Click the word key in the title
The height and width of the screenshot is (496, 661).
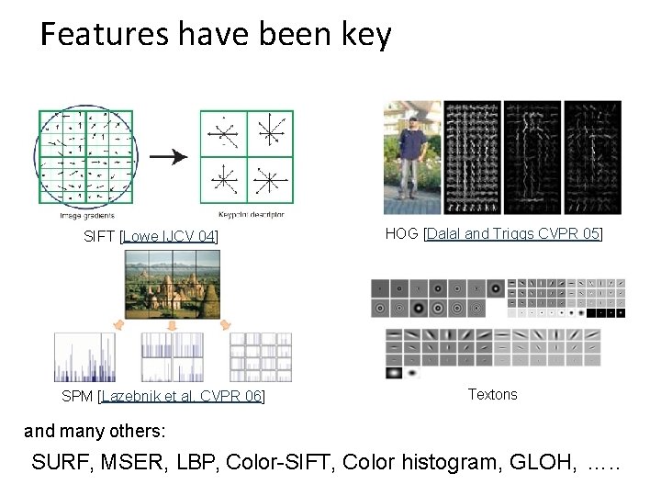(366, 36)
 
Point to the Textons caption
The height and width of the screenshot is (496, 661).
(492, 394)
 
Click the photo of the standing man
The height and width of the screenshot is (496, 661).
(412, 158)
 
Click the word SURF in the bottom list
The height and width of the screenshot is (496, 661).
(64, 462)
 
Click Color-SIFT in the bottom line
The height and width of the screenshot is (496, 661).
(285, 462)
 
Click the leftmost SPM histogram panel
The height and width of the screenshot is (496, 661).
(84, 357)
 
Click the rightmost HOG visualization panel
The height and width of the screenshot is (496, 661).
(592, 158)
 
